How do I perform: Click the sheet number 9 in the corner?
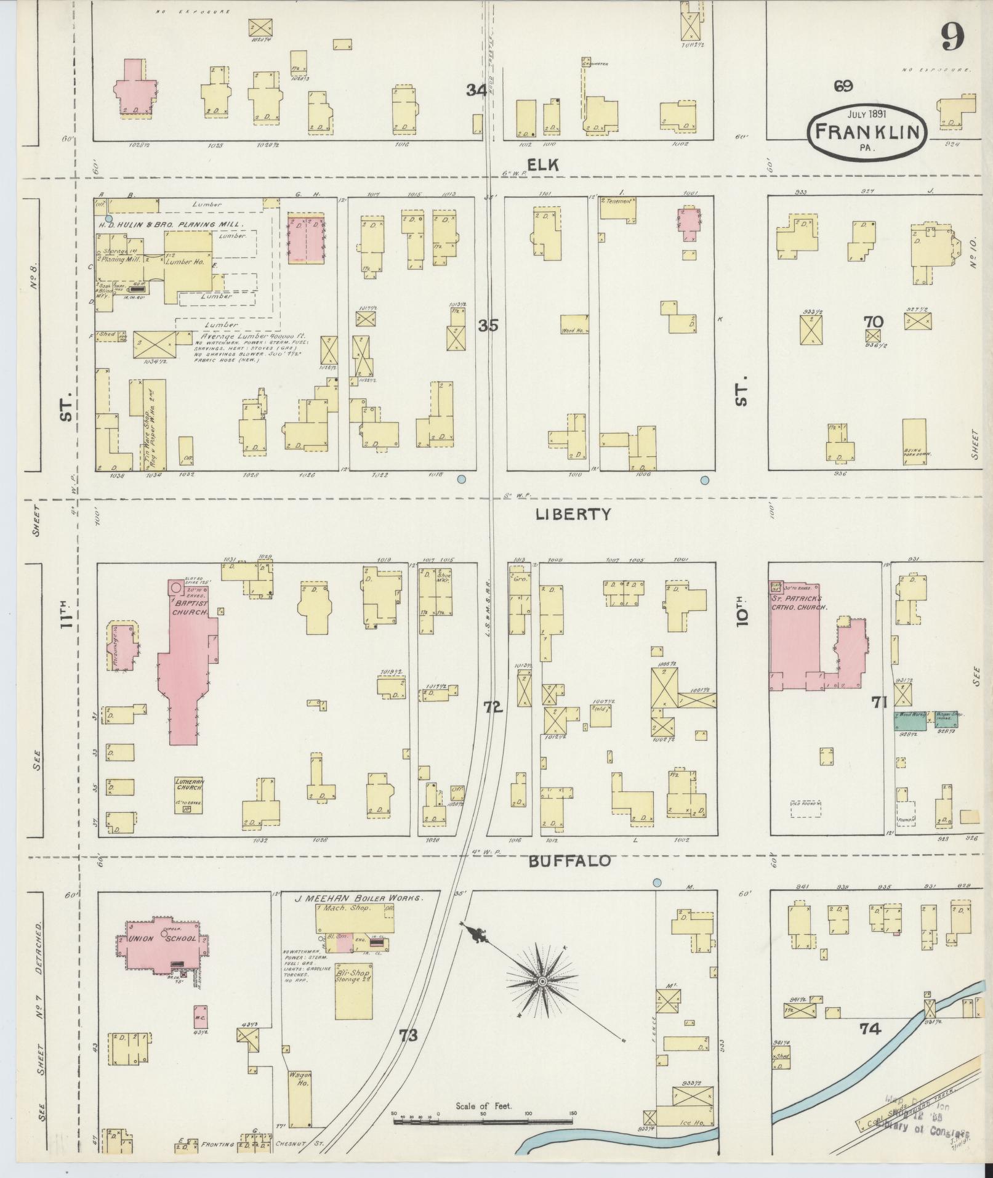click(952, 39)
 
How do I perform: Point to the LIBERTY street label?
click(573, 514)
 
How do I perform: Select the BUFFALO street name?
click(570, 861)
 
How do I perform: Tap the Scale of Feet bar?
click(484, 1122)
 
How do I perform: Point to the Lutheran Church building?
click(188, 794)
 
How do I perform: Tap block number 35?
click(488, 325)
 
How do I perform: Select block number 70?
click(873, 321)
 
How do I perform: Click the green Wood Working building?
click(911, 721)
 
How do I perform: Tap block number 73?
click(408, 1036)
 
